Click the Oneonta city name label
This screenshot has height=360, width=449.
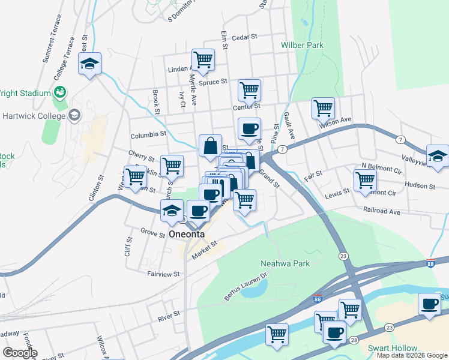click(x=187, y=234)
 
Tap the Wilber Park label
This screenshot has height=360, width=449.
click(x=302, y=45)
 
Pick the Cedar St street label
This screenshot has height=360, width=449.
click(x=244, y=37)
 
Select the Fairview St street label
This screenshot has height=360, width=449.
click(x=163, y=274)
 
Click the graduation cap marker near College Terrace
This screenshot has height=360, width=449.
click(x=90, y=64)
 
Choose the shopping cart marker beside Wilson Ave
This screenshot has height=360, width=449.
click(x=323, y=109)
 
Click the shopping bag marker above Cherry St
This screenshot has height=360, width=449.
click(x=210, y=146)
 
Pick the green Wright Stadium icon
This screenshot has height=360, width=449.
click(x=60, y=92)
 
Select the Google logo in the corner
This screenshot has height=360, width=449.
click(x=19, y=353)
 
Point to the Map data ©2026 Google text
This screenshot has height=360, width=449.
click(x=412, y=355)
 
